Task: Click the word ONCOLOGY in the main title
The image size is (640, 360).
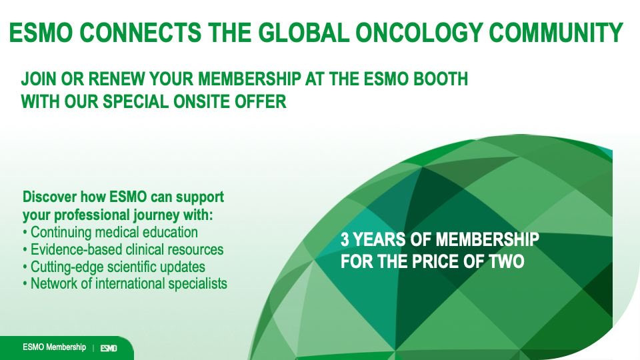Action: [x=419, y=32]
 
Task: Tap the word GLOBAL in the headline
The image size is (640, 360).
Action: [x=303, y=32]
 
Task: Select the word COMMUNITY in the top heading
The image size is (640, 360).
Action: [x=555, y=32]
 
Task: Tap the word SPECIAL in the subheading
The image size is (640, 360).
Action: [x=135, y=101]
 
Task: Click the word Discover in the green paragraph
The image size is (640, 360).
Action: [x=49, y=197]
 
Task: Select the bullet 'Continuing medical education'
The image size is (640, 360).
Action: [x=111, y=232]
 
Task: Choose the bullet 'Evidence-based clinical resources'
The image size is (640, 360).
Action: [x=123, y=249]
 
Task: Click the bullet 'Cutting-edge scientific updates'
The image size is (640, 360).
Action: [x=114, y=267]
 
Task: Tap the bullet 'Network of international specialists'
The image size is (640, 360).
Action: [x=125, y=284]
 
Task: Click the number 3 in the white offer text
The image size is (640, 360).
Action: [x=345, y=239]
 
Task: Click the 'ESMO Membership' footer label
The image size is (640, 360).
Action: [x=54, y=347]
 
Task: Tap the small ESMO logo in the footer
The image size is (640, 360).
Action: [x=109, y=348]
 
